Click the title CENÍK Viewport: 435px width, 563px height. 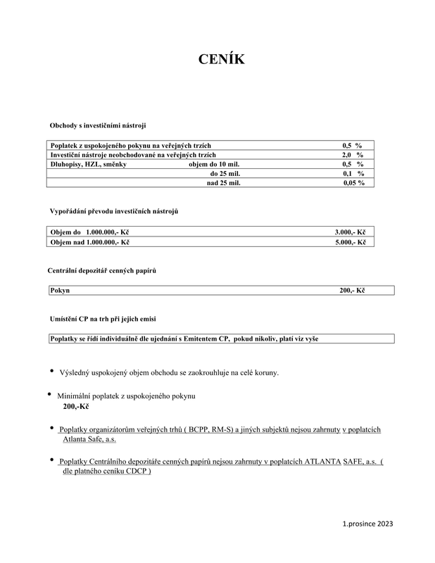click(x=221, y=60)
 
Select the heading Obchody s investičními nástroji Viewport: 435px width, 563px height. click(x=97, y=125)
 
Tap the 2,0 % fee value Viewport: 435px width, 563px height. click(x=353, y=154)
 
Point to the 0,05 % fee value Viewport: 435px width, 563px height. click(x=353, y=182)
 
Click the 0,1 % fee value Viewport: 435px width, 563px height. click(x=353, y=173)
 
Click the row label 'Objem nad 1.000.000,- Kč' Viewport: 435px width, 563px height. click(x=90, y=241)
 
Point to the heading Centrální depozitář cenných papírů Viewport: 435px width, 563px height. click(x=101, y=271)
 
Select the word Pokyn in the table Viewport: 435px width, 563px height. click(x=60, y=290)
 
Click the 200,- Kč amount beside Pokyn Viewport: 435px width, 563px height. click(x=353, y=290)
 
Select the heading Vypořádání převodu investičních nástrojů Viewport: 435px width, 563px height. click(x=118, y=211)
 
